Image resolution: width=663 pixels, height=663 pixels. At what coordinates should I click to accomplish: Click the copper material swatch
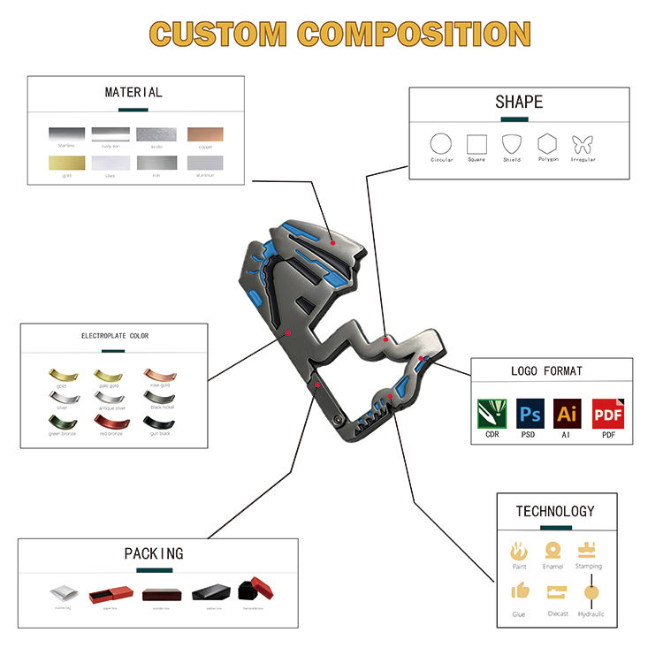(x=204, y=134)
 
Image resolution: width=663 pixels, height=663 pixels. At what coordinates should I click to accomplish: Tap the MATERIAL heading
(x=133, y=92)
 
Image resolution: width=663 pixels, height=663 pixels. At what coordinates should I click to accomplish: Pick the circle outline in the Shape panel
(x=440, y=144)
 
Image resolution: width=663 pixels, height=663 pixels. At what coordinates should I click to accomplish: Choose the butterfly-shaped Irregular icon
(x=583, y=144)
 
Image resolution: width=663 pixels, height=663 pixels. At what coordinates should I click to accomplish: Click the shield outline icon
(x=512, y=144)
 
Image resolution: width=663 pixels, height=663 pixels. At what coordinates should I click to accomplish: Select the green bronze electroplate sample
(x=60, y=425)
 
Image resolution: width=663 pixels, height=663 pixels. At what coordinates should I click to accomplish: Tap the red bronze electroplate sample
(x=109, y=425)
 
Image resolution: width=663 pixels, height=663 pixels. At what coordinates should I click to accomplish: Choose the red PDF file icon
(x=605, y=413)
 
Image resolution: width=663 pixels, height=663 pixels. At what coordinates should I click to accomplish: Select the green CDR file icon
(x=492, y=413)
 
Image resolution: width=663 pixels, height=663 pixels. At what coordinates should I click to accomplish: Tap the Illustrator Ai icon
(x=567, y=413)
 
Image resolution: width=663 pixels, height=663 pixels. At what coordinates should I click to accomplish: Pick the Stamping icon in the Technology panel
(x=588, y=550)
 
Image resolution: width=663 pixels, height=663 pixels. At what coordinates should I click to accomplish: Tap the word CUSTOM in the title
(x=218, y=33)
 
